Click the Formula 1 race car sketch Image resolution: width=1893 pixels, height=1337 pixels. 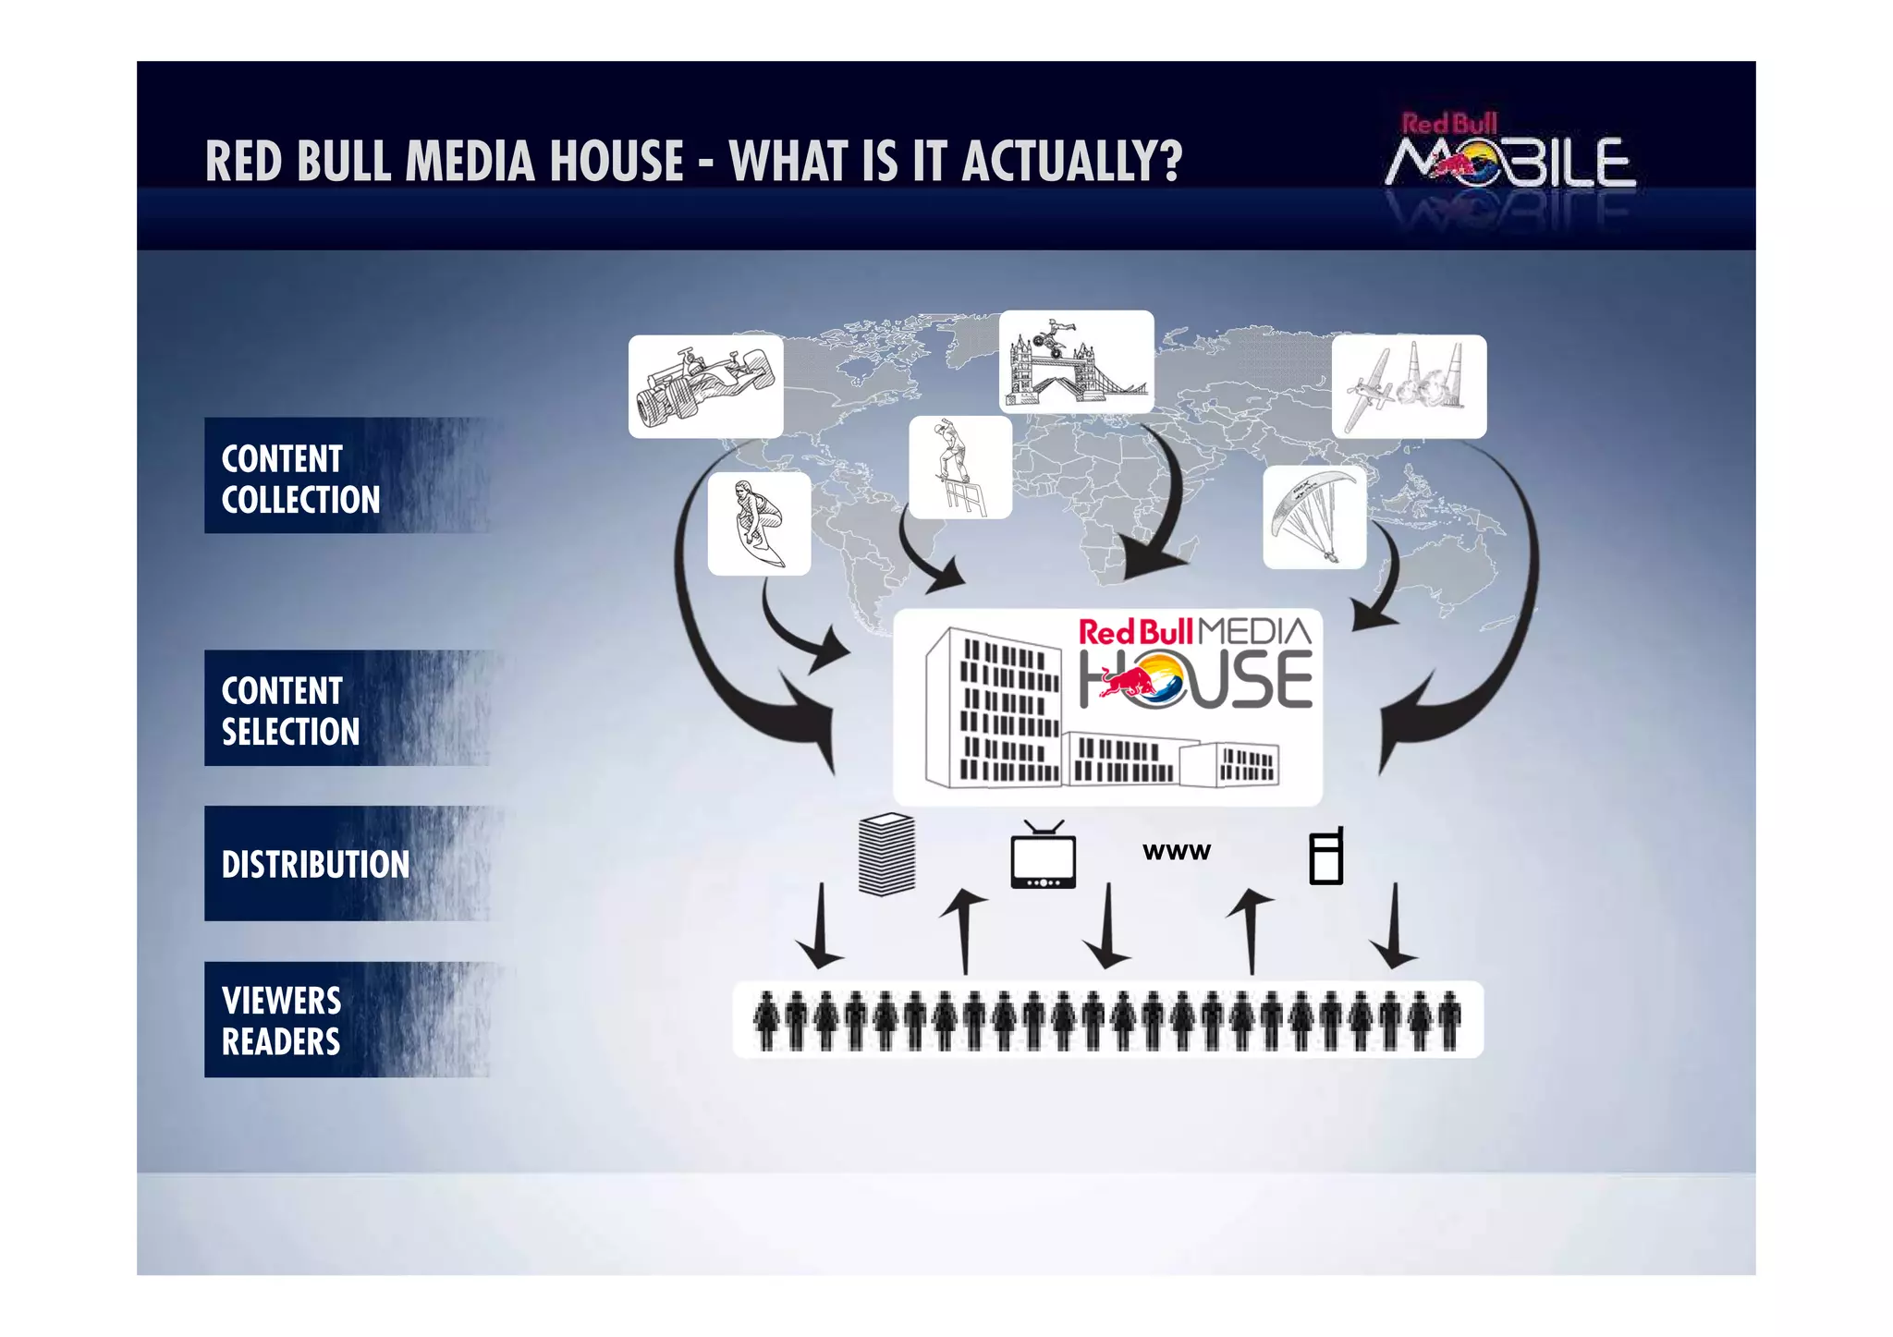click(x=705, y=386)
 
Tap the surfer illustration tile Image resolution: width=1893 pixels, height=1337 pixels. click(x=759, y=523)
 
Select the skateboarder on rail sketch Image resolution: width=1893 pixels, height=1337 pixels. click(x=959, y=467)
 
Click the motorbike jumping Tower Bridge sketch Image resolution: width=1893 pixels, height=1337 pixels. click(x=1076, y=361)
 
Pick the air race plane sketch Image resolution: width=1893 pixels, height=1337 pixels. click(x=1408, y=386)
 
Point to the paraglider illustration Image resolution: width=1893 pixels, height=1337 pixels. click(x=1313, y=517)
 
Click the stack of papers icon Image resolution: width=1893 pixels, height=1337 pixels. click(x=886, y=855)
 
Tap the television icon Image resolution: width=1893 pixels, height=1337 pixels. click(x=1043, y=856)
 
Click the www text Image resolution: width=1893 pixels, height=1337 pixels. click(x=1176, y=852)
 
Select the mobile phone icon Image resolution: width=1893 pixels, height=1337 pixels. click(x=1326, y=857)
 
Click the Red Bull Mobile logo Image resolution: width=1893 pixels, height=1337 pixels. click(x=1509, y=152)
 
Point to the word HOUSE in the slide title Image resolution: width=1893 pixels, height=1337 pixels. click(x=617, y=162)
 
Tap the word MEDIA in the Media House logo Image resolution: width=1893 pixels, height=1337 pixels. click(x=1254, y=632)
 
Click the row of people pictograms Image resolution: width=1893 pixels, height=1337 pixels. click(x=1107, y=1020)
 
